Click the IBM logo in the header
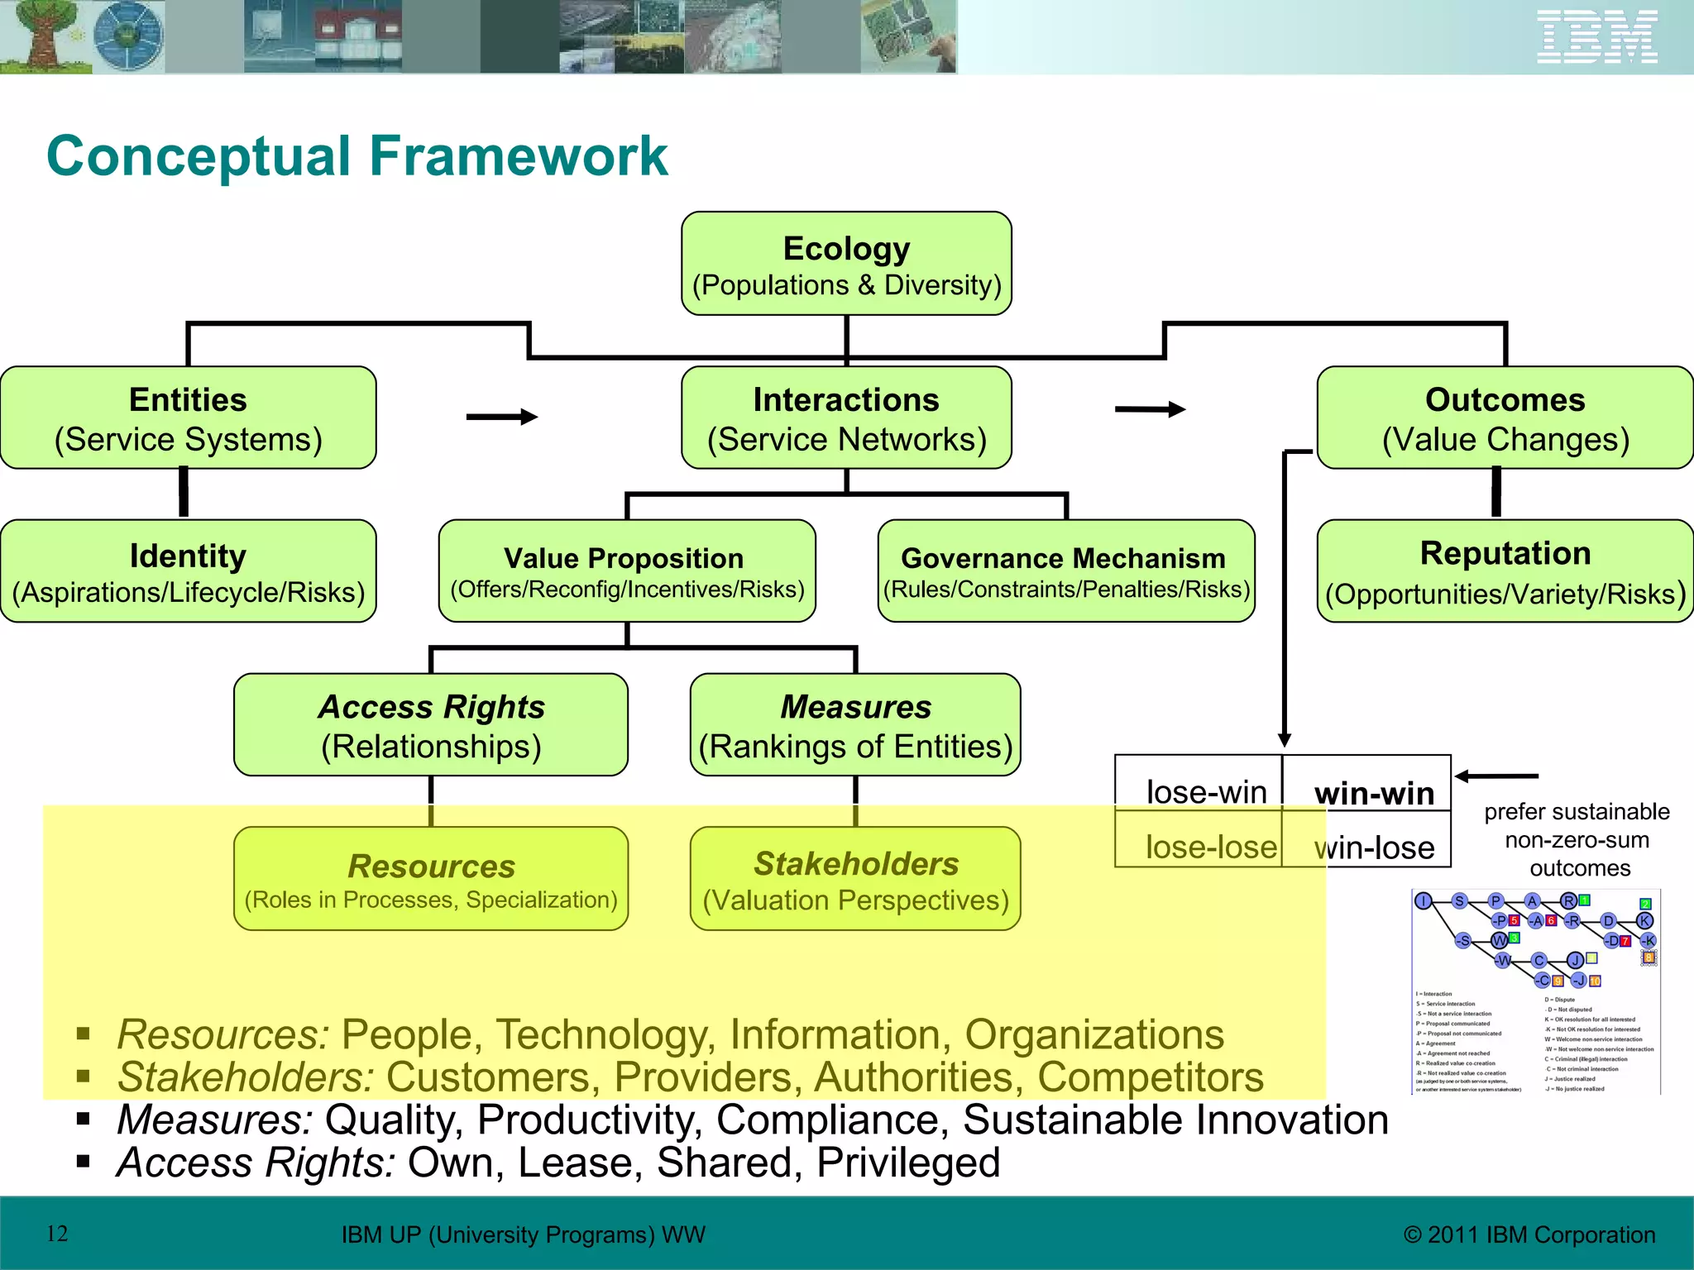pyautogui.click(x=1596, y=37)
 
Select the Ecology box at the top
pyautogui.click(x=846, y=264)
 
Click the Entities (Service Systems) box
pyautogui.click(x=189, y=418)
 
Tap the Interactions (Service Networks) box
pyautogui.click(x=846, y=418)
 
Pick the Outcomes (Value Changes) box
pyautogui.click(x=1505, y=418)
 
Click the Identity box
pyautogui.click(x=189, y=571)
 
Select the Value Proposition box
pyautogui.click(x=626, y=571)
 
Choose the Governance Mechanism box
pyautogui.click(x=1065, y=571)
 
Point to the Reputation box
pyautogui.click(x=1505, y=571)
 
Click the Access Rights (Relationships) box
pyautogui.click(x=431, y=725)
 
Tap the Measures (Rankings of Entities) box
pyautogui.click(x=855, y=725)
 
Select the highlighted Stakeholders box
pyautogui.click(x=855, y=879)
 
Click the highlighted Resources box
pyautogui.click(x=431, y=879)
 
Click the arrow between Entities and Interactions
pyautogui.click(x=502, y=417)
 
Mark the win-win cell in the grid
pyautogui.click(x=1373, y=792)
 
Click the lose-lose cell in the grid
pyautogui.click(x=1209, y=847)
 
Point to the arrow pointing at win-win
pyautogui.click(x=1496, y=776)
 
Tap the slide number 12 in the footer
pyautogui.click(x=57, y=1234)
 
